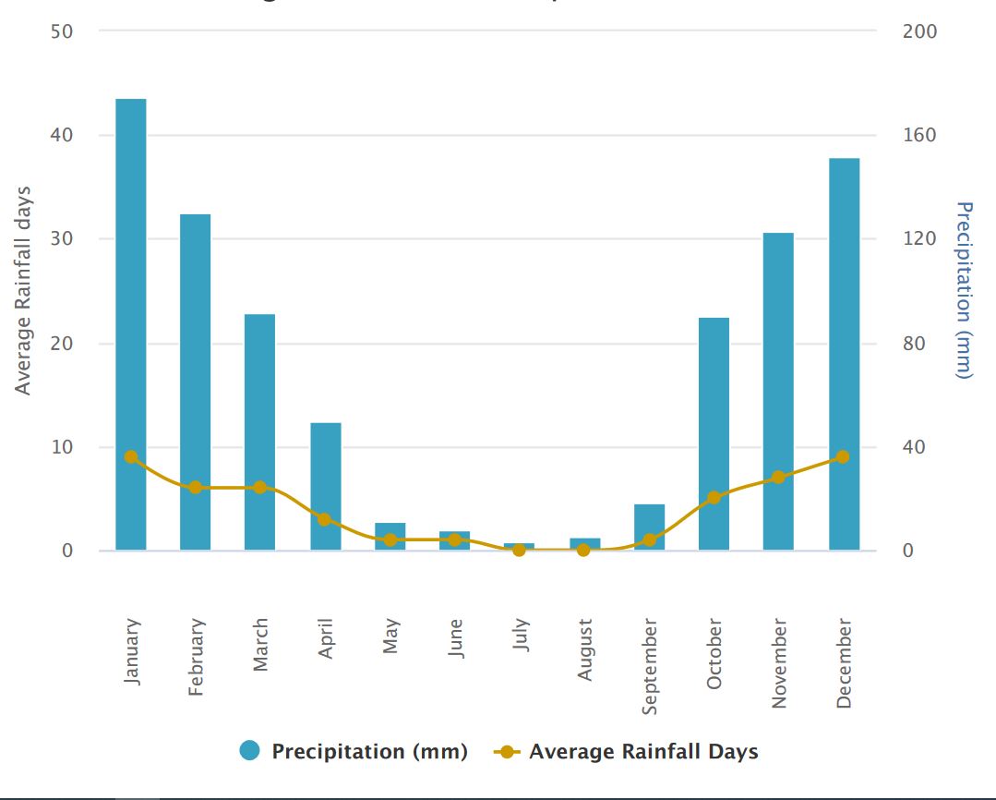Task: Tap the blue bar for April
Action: (x=325, y=486)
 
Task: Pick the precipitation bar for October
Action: (x=714, y=433)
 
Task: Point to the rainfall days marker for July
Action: (x=519, y=550)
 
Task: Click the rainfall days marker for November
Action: (x=778, y=478)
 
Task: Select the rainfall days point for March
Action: (x=260, y=487)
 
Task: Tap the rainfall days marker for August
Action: (x=583, y=550)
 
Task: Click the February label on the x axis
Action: (x=196, y=657)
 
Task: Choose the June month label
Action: (x=455, y=636)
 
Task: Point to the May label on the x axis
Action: (x=390, y=636)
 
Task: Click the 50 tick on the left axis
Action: (x=61, y=31)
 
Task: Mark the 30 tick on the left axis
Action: (x=61, y=239)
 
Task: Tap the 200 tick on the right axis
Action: (x=918, y=31)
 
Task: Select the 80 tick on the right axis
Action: (x=918, y=344)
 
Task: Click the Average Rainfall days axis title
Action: (x=23, y=290)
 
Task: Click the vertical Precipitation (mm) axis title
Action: (x=965, y=290)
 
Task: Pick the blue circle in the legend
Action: (x=249, y=751)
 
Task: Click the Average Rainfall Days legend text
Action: (x=643, y=751)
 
